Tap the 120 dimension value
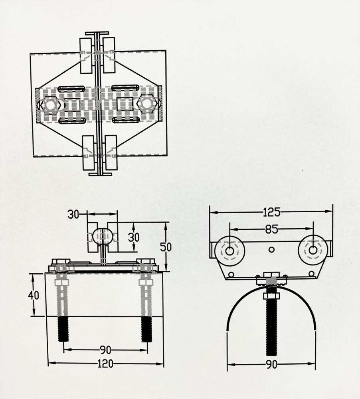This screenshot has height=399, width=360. tap(105, 363)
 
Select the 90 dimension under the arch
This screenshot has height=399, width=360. tap(271, 364)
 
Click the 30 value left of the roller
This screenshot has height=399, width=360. tap(73, 214)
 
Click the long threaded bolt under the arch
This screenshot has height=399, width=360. tap(271, 327)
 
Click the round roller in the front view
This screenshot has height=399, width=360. tap(103, 236)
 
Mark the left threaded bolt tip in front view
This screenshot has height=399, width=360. tap(63, 329)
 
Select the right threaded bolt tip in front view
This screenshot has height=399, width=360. tap(146, 329)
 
